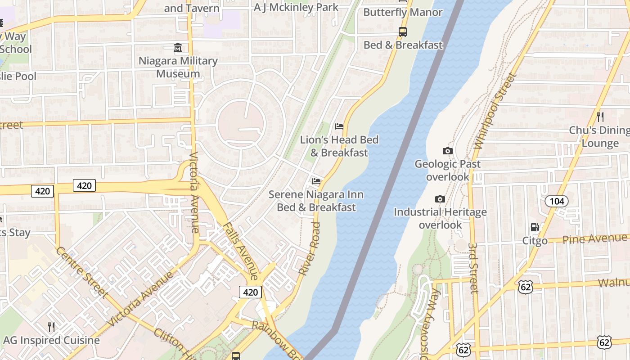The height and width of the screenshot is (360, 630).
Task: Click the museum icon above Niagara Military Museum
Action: point(178,47)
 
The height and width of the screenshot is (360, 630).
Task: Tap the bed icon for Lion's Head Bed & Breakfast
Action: point(339,126)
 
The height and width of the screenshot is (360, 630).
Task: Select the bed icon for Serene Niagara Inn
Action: point(316,181)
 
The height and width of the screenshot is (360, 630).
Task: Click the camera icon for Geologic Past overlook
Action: point(447,151)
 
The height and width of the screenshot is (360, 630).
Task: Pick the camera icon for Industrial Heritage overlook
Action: point(440,199)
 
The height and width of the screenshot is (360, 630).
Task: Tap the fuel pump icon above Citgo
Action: point(535,227)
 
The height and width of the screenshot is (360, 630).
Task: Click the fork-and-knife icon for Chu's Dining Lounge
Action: point(600,117)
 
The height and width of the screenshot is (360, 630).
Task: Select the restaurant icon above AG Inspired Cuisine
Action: point(51,327)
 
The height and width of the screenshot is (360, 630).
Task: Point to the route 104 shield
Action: point(557,201)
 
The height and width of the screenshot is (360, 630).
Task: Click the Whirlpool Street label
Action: point(494,111)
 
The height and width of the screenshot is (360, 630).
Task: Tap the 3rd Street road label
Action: point(473,268)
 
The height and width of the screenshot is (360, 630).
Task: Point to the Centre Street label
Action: point(82,272)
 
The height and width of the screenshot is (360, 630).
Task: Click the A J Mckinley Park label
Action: point(296,7)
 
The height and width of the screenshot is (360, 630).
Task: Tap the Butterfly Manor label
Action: point(403,12)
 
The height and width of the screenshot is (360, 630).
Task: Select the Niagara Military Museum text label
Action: point(178,67)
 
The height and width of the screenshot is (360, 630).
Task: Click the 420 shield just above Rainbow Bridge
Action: point(250,292)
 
